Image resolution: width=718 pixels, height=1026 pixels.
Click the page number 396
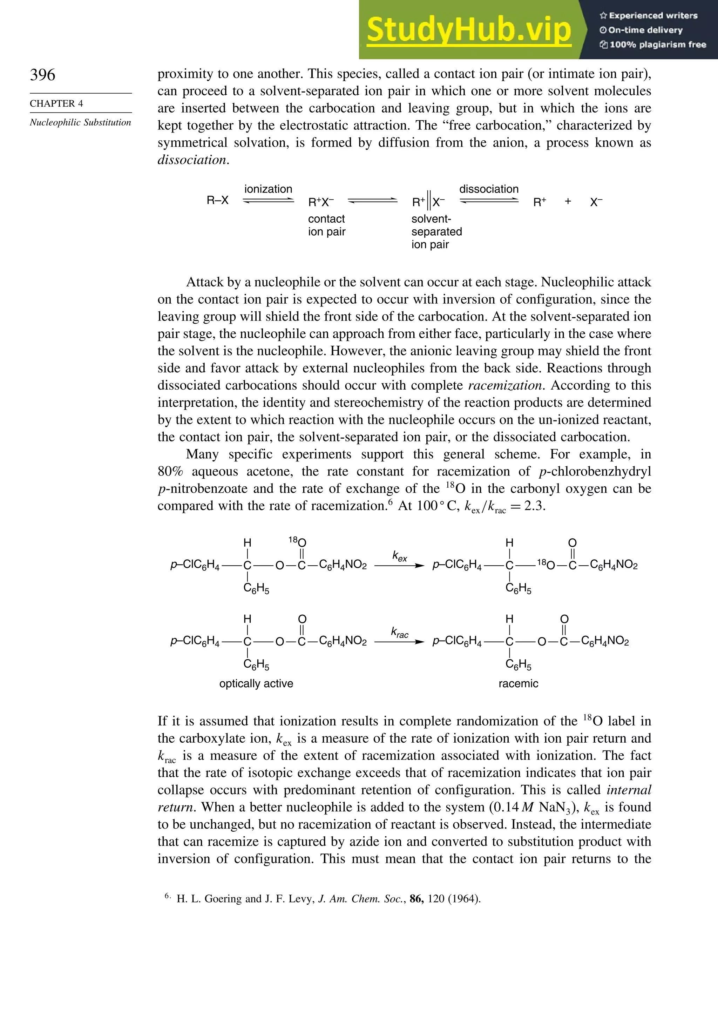[42, 75]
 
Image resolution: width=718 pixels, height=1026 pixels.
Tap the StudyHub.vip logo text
[469, 30]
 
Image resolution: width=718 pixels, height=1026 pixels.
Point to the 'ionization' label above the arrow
[268, 189]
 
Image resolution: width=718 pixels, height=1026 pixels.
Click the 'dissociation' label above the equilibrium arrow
[489, 189]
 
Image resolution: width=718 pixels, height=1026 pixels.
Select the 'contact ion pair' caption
[327, 225]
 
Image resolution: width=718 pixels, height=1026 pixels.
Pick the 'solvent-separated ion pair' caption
[436, 231]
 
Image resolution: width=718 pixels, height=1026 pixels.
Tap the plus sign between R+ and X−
[568, 202]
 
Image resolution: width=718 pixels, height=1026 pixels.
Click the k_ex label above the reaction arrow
[399, 556]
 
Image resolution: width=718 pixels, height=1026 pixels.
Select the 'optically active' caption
[256, 683]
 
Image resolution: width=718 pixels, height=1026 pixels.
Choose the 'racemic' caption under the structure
[518, 683]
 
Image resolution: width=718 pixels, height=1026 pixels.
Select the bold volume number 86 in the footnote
[416, 899]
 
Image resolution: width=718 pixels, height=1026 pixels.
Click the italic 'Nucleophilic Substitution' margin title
[80, 122]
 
